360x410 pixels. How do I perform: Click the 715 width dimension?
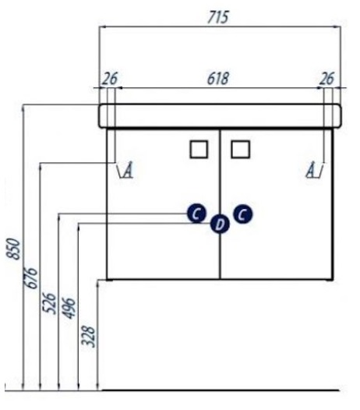pos(217,17)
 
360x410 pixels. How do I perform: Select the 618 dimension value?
pos(217,79)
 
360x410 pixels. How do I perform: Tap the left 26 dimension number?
pos(110,79)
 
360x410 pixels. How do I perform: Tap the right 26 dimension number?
pos(326,79)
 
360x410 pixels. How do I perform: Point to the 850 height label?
pos(13,249)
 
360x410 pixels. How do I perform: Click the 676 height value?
pos(30,277)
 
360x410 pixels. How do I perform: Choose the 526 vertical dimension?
pos(49,303)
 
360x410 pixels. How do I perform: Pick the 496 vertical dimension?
pos(69,308)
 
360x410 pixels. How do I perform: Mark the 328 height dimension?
pos(88,336)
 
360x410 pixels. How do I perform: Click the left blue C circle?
pos(196,214)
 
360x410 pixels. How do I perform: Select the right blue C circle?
pos(243,214)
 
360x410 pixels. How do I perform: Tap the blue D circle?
pos(220,224)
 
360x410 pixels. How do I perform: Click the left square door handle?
pos(199,150)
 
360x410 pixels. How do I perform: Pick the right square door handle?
pos(241,150)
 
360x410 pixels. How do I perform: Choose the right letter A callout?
pos(316,170)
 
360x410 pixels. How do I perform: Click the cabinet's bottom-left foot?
pos(109,280)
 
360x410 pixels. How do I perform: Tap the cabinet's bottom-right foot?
pos(330,280)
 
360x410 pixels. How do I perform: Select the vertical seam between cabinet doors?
pos(220,204)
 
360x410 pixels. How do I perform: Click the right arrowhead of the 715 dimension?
pos(337,27)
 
